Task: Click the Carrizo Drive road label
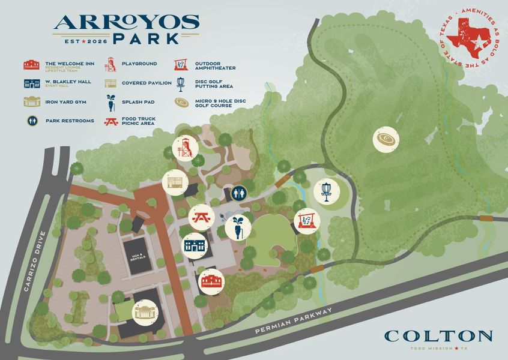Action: point(34,260)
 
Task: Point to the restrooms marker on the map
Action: point(239,194)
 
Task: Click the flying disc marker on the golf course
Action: point(386,140)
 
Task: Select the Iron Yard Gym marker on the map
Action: point(145,312)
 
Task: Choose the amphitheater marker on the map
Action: point(306,220)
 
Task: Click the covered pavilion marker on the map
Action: point(175,182)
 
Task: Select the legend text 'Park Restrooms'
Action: point(70,121)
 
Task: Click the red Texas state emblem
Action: point(470,35)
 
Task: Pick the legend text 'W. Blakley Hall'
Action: point(68,82)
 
